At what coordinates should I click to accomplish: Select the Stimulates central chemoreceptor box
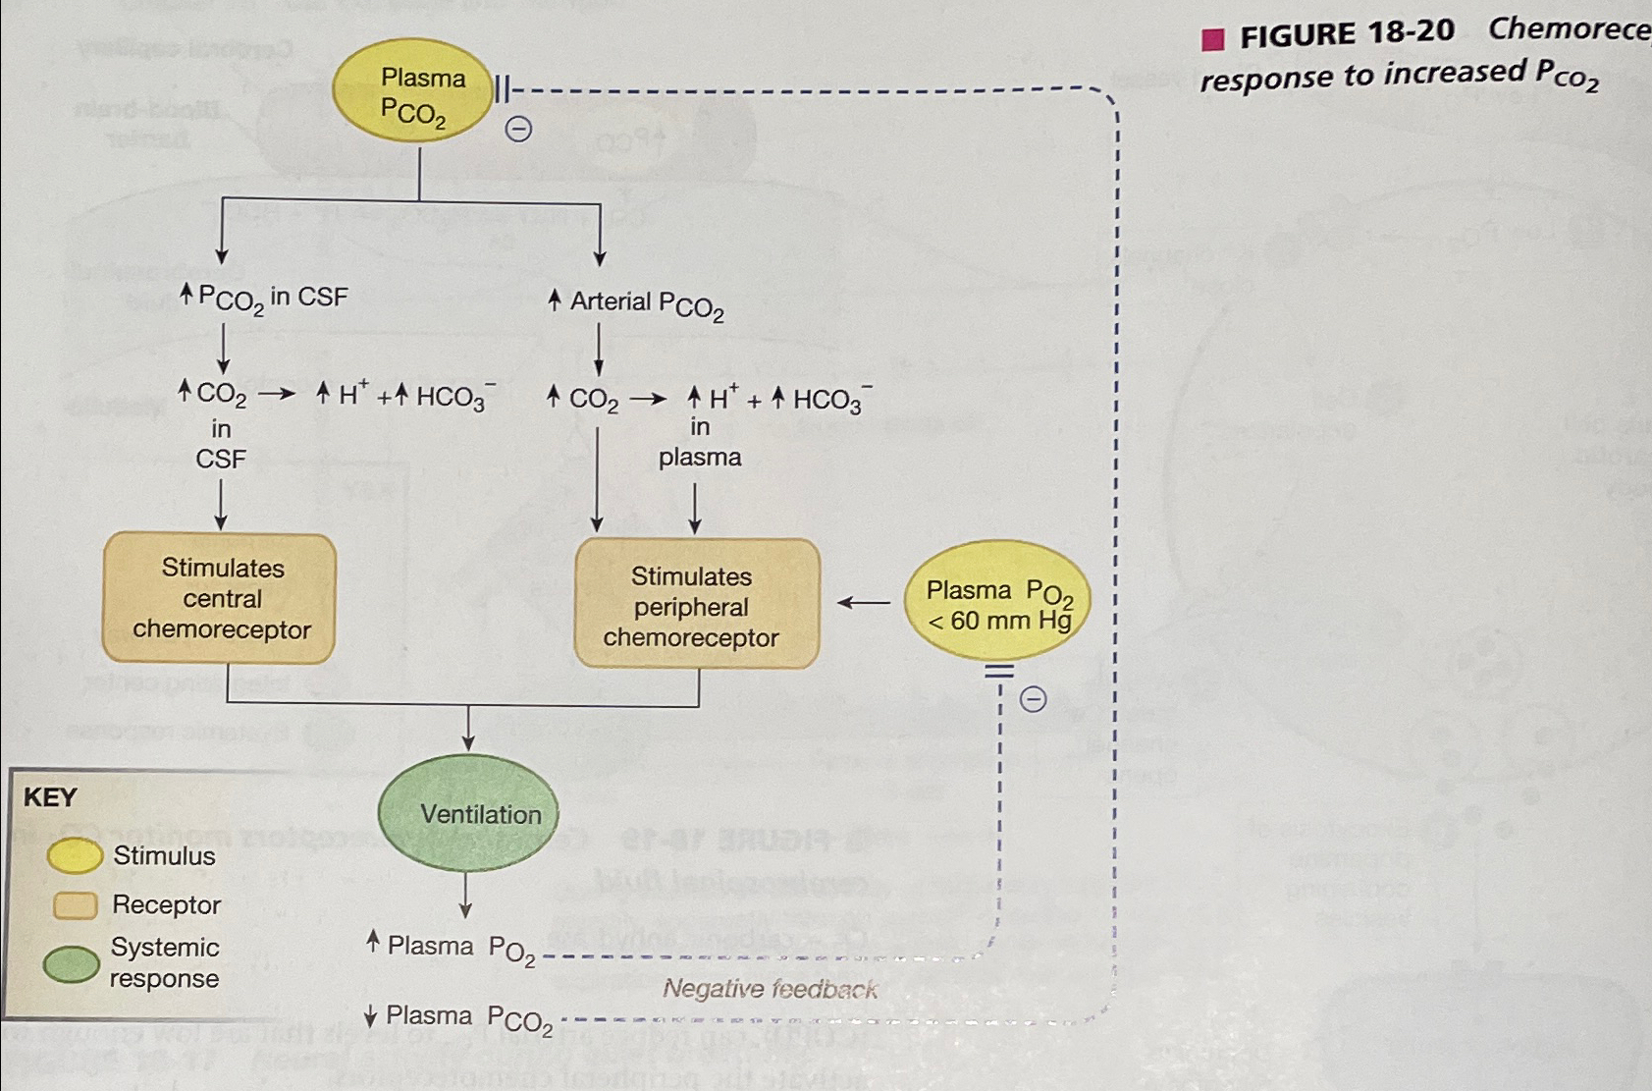point(220,598)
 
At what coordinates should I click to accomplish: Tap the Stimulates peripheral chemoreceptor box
point(696,605)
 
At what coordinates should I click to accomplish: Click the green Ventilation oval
point(468,813)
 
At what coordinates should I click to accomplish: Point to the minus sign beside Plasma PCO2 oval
point(518,129)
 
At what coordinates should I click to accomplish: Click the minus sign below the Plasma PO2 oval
point(1033,699)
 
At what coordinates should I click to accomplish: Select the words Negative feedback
point(770,989)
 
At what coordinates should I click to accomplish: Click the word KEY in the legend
point(50,796)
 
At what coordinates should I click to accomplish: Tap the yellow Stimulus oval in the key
point(75,855)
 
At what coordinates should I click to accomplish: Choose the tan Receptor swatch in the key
point(75,904)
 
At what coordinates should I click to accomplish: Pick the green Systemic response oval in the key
point(72,963)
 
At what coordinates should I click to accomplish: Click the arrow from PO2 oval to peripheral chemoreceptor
point(863,602)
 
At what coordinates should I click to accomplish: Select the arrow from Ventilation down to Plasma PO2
point(466,895)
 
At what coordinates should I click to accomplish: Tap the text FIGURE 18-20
point(1346,34)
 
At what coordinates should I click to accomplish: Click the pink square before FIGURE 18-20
point(1213,39)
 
